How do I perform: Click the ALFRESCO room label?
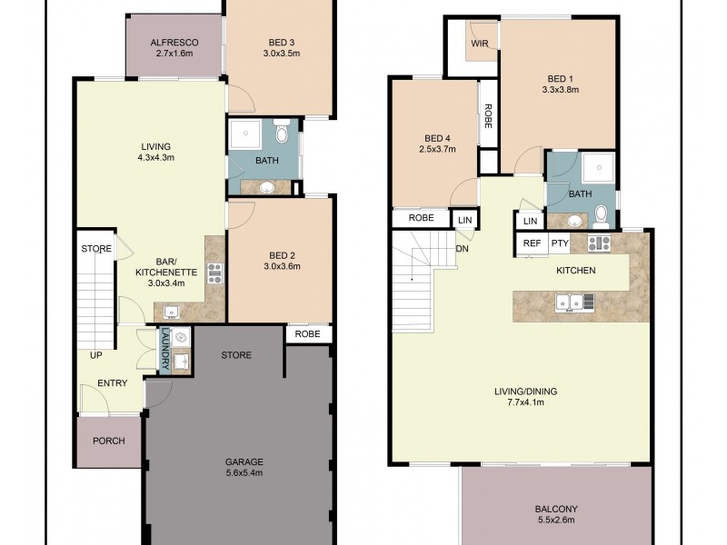(x=174, y=43)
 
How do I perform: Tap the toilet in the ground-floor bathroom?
(x=282, y=131)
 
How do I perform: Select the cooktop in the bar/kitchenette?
(x=215, y=273)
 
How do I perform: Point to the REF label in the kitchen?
(x=532, y=243)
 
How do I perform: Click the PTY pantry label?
(x=560, y=243)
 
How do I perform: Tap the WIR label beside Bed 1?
(x=480, y=44)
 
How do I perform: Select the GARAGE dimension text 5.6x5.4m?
(x=244, y=472)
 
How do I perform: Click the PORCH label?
(x=109, y=441)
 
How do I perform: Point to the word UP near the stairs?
(x=96, y=355)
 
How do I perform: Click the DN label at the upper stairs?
(x=463, y=249)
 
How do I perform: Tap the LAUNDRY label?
(x=164, y=349)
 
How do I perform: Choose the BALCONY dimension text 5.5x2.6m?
(x=556, y=520)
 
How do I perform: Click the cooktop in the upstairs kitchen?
(x=600, y=243)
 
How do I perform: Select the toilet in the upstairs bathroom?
(x=602, y=217)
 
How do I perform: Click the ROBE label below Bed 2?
(x=307, y=333)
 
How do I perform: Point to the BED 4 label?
(x=437, y=138)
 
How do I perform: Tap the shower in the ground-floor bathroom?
(x=245, y=134)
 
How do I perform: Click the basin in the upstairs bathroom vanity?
(x=575, y=221)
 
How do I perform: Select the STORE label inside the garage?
(x=236, y=355)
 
